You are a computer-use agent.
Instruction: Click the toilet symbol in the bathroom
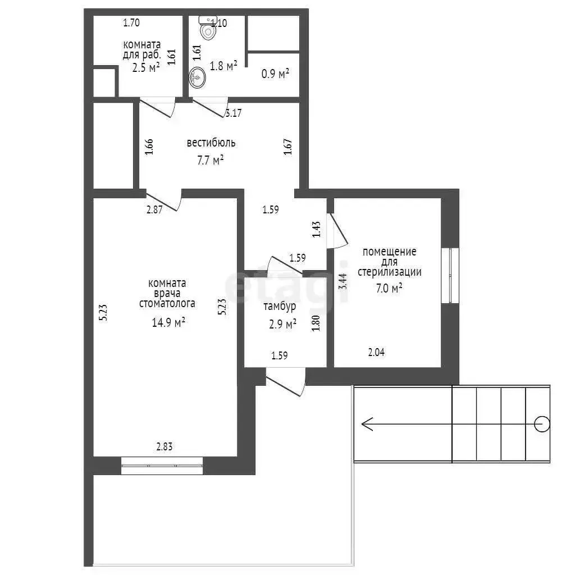click(x=208, y=28)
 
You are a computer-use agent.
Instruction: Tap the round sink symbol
click(x=197, y=77)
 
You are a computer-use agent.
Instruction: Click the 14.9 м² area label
click(x=168, y=323)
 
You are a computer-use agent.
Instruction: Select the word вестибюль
click(x=211, y=143)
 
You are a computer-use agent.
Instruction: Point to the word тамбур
click(x=280, y=306)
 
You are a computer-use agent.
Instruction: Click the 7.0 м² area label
click(x=389, y=288)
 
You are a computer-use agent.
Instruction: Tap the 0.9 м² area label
click(x=275, y=74)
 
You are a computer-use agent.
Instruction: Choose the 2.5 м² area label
click(x=145, y=67)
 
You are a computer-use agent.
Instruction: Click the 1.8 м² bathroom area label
click(x=223, y=66)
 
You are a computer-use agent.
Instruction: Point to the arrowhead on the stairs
click(x=367, y=425)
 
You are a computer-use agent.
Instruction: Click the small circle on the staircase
click(x=542, y=425)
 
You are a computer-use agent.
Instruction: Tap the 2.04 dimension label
click(x=376, y=353)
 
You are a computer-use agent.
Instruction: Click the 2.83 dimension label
click(x=165, y=446)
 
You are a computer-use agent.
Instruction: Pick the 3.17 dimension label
click(x=234, y=113)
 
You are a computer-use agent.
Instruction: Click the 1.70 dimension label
click(x=131, y=22)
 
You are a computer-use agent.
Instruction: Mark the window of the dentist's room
click(x=162, y=466)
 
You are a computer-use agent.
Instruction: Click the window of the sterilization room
click(x=450, y=276)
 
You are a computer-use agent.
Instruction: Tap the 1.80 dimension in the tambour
click(x=316, y=323)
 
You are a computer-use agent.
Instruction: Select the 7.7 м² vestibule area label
click(x=211, y=161)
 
